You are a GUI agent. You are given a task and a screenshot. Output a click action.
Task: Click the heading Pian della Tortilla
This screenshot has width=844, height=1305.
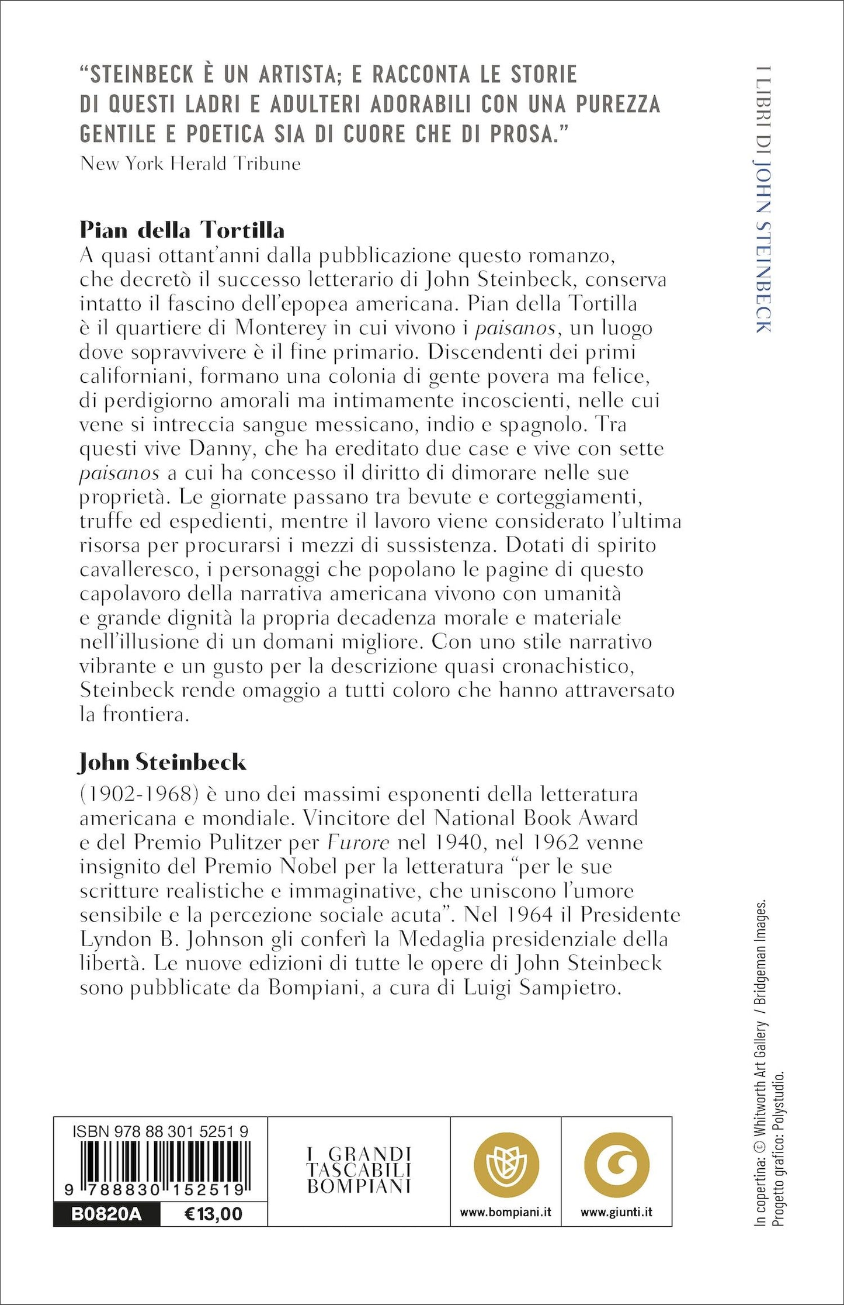182,230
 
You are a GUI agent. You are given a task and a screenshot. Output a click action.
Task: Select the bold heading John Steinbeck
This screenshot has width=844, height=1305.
162,762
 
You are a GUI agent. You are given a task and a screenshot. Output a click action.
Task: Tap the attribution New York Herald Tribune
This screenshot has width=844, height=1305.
190,164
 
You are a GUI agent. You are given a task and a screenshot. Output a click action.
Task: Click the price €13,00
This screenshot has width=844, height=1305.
213,1214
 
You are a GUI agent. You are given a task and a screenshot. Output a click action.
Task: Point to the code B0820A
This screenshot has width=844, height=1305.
106,1214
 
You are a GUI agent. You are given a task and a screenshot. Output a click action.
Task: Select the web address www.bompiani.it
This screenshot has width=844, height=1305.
505,1213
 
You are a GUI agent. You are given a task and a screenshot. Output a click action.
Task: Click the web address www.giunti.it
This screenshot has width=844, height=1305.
616,1213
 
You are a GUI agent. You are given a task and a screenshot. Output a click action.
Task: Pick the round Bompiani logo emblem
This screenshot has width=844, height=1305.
505,1162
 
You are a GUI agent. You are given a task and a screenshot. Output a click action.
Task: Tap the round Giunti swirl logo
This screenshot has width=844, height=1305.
616,1162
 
